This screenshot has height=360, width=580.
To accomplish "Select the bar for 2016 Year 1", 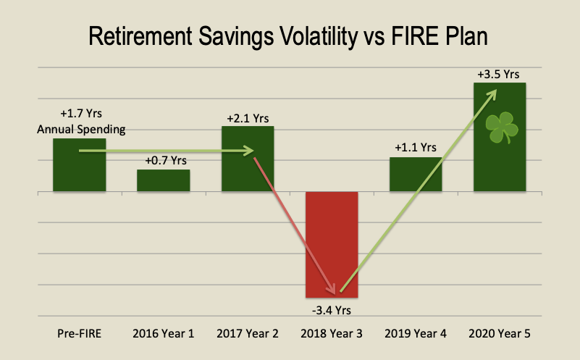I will (164, 181).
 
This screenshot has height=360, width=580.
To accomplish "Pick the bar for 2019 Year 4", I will (416, 175).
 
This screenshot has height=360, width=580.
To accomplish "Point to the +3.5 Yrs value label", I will (498, 74).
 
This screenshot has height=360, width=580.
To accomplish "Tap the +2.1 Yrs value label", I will (248, 117).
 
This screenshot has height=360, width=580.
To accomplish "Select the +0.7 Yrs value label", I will (164, 160).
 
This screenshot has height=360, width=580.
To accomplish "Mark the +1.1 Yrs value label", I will (416, 148).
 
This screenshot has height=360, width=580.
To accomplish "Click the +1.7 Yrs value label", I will (80, 114).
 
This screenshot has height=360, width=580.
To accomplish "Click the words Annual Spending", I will (80, 130).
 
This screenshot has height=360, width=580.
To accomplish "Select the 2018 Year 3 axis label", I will (332, 335).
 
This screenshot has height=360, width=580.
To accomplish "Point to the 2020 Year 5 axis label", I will (500, 335).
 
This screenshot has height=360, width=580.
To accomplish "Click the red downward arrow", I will (297, 225).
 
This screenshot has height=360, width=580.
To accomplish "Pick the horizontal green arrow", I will (167, 151).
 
